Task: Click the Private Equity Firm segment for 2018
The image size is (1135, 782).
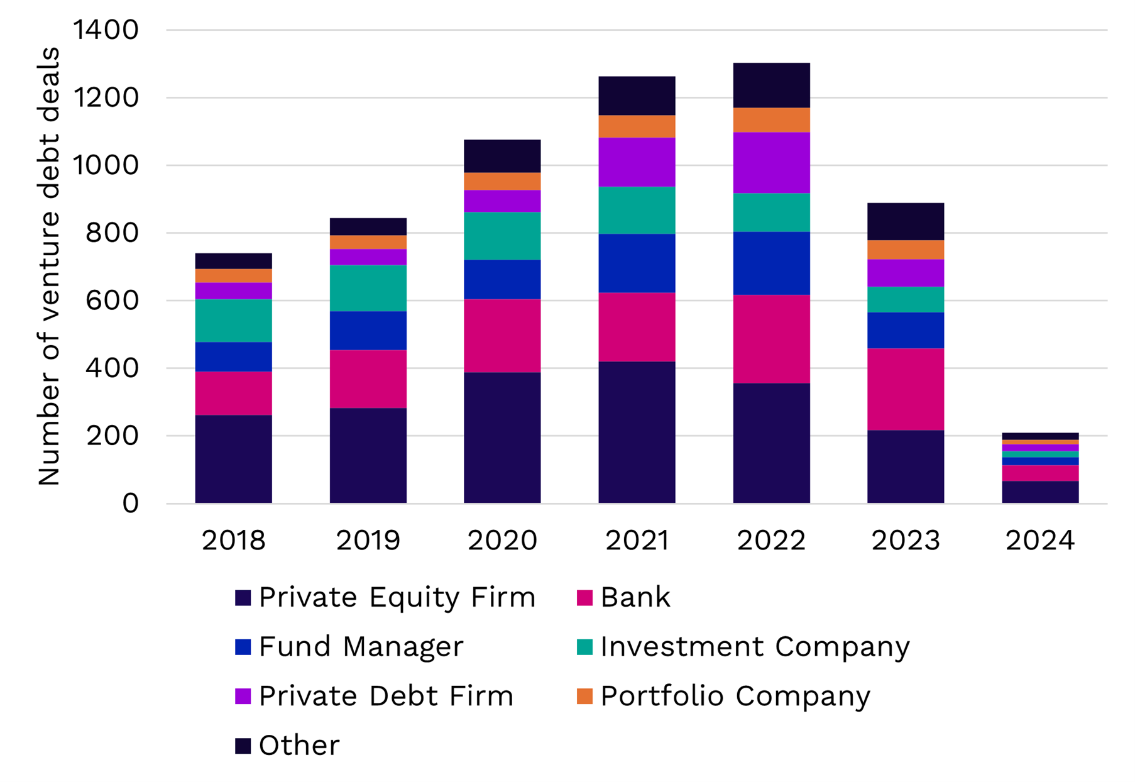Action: click(x=233, y=458)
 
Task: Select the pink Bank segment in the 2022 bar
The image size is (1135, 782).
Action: click(x=771, y=339)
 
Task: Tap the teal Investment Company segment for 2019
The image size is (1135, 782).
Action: click(x=368, y=288)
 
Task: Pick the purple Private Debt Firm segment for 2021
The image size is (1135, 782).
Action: click(x=637, y=162)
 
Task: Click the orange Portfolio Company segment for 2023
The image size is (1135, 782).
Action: click(x=905, y=250)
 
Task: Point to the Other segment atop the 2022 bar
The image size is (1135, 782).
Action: click(x=771, y=85)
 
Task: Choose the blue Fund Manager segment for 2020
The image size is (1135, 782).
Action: click(x=502, y=279)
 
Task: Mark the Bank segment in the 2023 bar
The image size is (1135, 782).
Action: click(x=905, y=389)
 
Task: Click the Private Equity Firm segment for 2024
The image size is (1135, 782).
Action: click(x=1039, y=492)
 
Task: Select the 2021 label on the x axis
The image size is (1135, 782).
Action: click(x=637, y=541)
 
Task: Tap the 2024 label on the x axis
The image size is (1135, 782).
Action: click(x=1039, y=541)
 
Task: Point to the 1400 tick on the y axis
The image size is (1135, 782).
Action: click(x=106, y=30)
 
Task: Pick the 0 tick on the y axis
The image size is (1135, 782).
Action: click(x=130, y=503)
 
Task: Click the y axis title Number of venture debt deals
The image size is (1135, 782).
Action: click(x=48, y=266)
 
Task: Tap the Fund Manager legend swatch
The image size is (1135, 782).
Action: click(x=243, y=647)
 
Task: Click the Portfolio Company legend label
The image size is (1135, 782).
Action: click(x=735, y=696)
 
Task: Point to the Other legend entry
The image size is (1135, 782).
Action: click(x=299, y=746)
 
